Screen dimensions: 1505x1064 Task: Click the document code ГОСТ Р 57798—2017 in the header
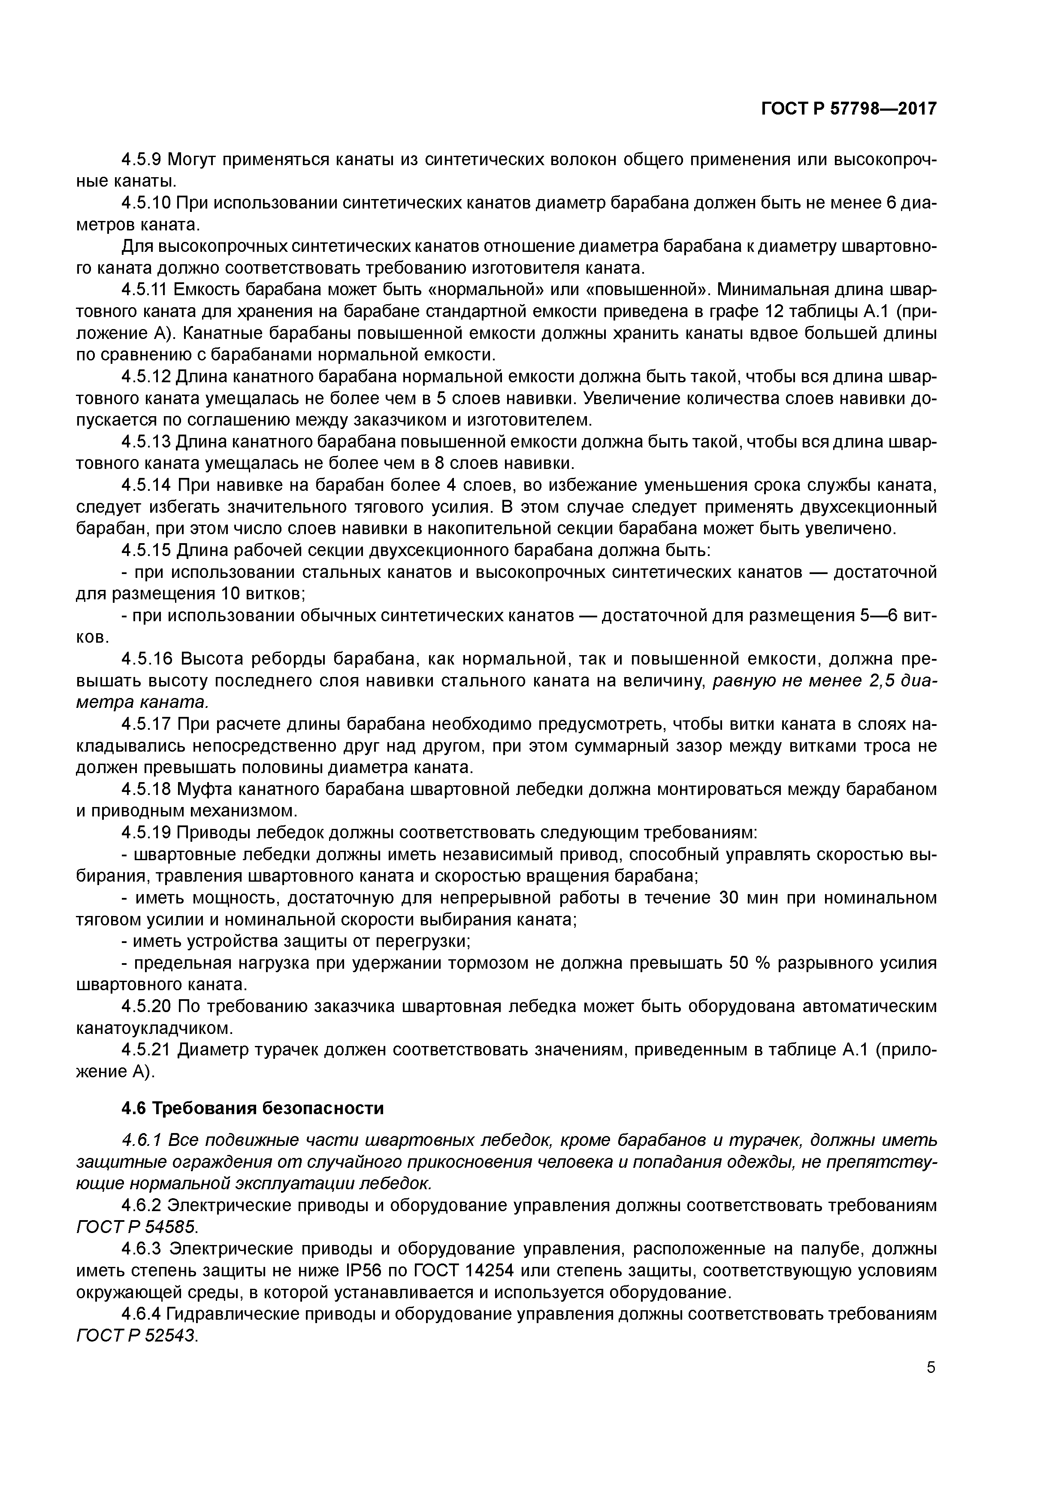pos(849,109)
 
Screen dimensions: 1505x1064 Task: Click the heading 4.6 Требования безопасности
pos(252,1108)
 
